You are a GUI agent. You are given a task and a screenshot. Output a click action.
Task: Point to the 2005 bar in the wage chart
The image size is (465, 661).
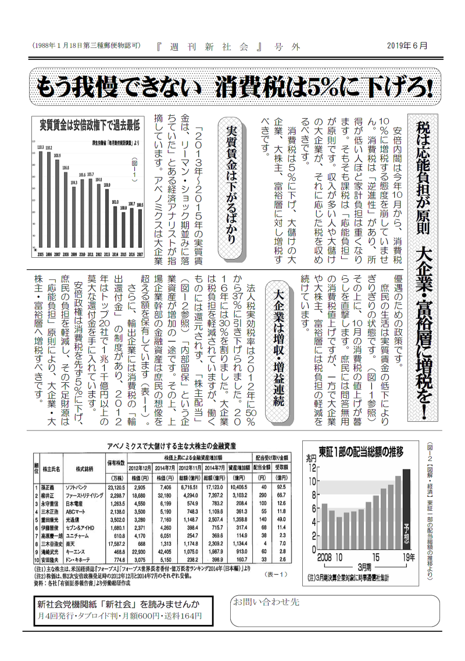coord(41,199)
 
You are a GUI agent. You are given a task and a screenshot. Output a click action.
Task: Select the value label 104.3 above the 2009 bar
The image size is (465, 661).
coord(74,182)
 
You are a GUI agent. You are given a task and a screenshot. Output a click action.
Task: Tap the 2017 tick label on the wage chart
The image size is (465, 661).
coord(140,255)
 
